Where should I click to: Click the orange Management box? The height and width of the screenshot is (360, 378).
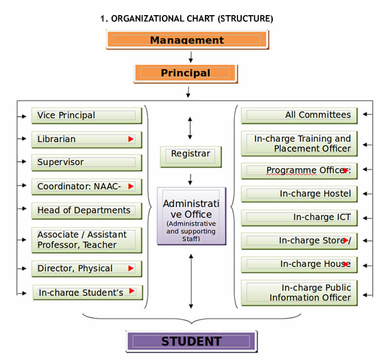[x=186, y=40]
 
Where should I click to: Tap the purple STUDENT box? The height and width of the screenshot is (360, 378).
[x=192, y=342]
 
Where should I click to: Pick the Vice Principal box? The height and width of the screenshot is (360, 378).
[x=86, y=115]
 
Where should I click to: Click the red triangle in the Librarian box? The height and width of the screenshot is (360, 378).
[x=131, y=139]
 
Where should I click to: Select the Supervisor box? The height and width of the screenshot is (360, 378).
[x=86, y=162]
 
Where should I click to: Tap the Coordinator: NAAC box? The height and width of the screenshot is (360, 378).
[x=86, y=186]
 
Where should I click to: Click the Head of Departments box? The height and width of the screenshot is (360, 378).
[x=86, y=210]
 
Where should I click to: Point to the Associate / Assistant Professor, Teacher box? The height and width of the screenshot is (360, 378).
[x=86, y=240]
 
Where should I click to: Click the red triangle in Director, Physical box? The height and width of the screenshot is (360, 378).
[x=131, y=269]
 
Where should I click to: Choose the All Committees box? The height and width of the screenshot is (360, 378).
[x=299, y=115]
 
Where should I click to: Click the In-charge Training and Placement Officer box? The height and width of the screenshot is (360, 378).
[x=299, y=143]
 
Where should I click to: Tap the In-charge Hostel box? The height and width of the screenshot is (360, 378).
[x=299, y=194]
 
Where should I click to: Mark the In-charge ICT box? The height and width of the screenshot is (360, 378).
[x=299, y=218]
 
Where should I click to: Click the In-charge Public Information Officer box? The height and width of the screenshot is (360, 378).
[x=299, y=293]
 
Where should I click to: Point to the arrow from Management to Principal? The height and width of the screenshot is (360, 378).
[x=190, y=56]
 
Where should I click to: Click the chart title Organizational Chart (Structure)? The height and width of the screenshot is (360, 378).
[x=186, y=18]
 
